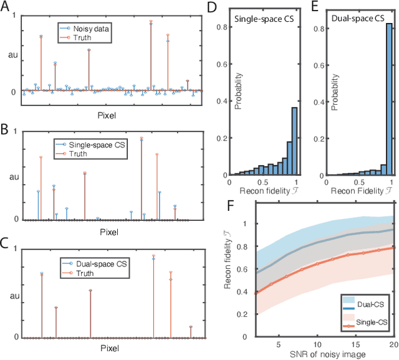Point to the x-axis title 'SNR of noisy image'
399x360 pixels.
click(x=311, y=354)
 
